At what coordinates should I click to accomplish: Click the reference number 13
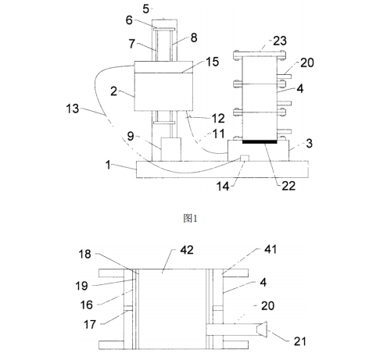[x=73, y=109]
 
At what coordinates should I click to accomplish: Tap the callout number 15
[x=213, y=62]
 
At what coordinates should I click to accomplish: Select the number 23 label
[x=280, y=41]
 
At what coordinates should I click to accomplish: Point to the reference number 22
[x=288, y=186]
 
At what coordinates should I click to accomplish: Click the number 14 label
[x=223, y=187]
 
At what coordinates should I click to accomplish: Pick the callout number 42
[x=187, y=250]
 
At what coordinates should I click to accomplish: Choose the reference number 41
[x=270, y=249]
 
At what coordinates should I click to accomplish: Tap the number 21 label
[x=300, y=341]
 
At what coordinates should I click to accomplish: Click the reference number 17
[x=90, y=325]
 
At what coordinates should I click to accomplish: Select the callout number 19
[x=82, y=286]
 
